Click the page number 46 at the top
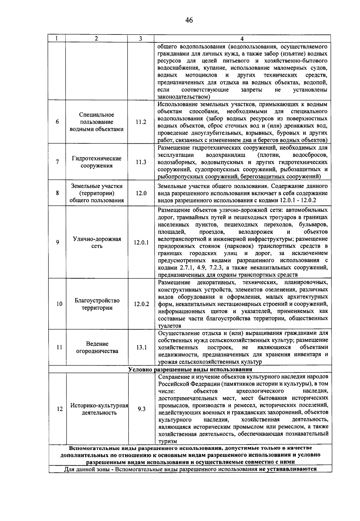click(189, 20)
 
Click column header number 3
click(140, 39)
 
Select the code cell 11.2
click(141, 122)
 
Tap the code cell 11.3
click(141, 162)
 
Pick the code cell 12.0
click(141, 193)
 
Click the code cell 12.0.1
click(141, 243)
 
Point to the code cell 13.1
click(141, 347)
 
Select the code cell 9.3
click(141, 409)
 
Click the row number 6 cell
click(57, 122)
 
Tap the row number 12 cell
click(60, 409)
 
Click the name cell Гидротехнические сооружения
click(97, 162)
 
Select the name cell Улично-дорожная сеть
click(97, 242)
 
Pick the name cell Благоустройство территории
click(97, 304)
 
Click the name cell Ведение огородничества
click(97, 347)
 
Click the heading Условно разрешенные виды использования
click(190, 369)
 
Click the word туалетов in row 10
click(169, 326)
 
